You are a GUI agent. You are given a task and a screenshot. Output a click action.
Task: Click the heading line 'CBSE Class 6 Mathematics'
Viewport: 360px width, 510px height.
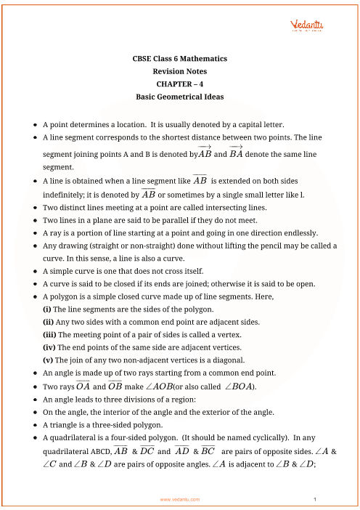tap(180, 58)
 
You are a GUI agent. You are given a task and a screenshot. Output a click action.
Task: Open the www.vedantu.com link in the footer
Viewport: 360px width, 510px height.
tap(180, 500)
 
